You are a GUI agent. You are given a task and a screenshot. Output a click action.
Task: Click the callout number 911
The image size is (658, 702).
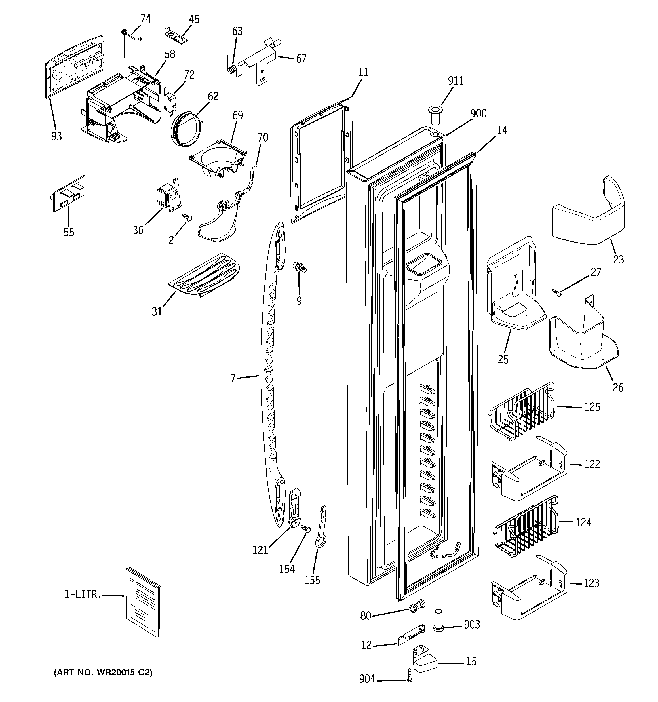coord(455,81)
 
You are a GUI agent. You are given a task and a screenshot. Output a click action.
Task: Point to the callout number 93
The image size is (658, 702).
coord(56,136)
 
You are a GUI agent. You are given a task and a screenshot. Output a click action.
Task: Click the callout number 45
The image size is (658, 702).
coord(194,19)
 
